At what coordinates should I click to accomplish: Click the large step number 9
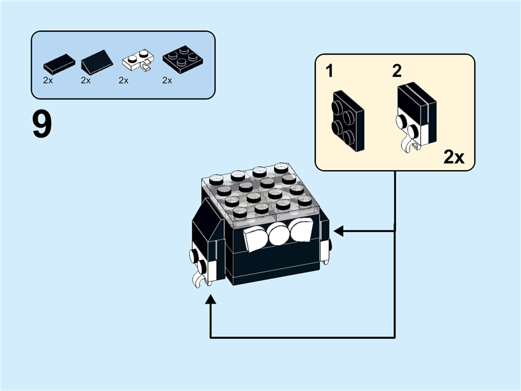[x=42, y=124]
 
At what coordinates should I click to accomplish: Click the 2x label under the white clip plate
[x=124, y=81]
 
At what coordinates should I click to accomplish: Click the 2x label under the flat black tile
[x=48, y=81]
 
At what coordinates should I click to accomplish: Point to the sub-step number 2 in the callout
[x=397, y=71]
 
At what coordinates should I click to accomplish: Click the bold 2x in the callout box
[x=454, y=156]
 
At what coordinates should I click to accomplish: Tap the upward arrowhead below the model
[x=210, y=300]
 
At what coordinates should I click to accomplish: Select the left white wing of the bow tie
[x=255, y=239]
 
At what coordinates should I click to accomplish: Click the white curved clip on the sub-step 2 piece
[x=410, y=143]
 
